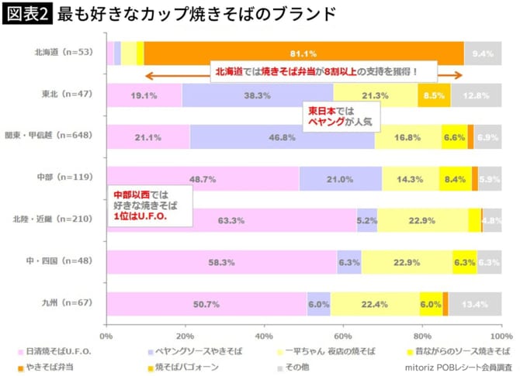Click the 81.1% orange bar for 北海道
(x=303, y=53)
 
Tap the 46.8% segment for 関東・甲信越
(x=282, y=137)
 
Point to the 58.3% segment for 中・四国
(x=221, y=262)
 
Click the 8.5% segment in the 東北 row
(x=434, y=95)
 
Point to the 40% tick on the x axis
(x=264, y=336)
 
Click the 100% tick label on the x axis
(x=501, y=336)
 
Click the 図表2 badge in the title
(x=28, y=13)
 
